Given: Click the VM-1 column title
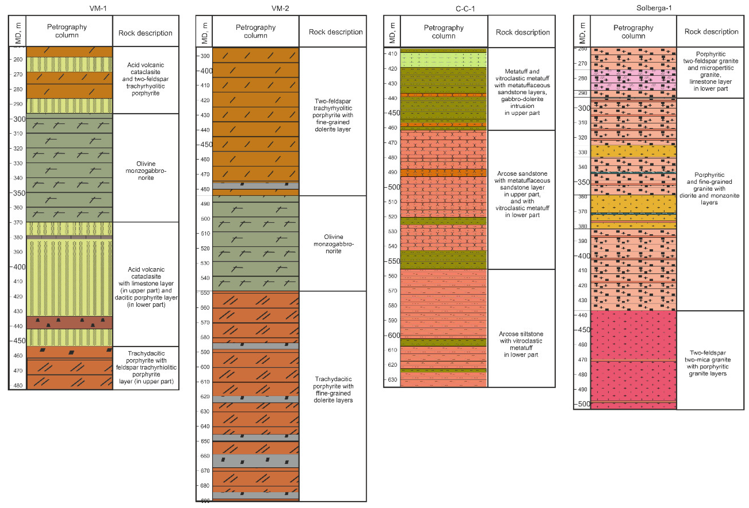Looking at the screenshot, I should pos(98,8).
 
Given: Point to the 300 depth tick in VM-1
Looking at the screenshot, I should pos(19,119).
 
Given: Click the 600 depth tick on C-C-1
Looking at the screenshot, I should pos(394,335).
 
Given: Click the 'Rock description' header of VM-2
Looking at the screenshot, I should pos(336,32).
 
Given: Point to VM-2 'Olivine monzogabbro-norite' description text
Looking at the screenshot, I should pos(333,244).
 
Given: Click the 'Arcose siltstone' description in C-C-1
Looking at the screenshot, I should pos(521,344).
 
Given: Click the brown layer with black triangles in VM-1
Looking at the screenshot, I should pos(69,322).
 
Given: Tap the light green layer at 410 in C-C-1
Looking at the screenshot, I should pos(443,60).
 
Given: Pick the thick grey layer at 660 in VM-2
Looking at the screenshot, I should pos(255,461).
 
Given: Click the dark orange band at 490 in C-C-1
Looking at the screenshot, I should pos(443,173).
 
